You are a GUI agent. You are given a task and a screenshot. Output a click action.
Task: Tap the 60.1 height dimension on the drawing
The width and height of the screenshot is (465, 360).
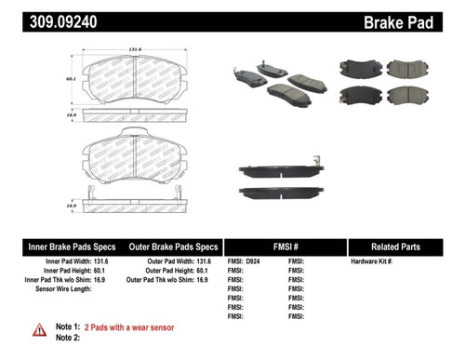click(71, 81)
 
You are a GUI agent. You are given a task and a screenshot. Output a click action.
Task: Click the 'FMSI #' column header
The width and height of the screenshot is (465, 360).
click(284, 248)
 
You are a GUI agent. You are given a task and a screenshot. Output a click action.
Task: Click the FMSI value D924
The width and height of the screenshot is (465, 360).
click(252, 263)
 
